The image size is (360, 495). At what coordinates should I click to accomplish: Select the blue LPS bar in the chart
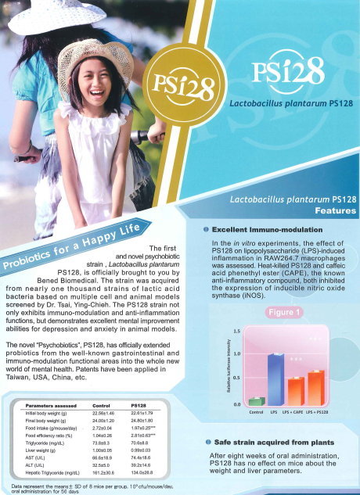pyautogui.click(x=274, y=378)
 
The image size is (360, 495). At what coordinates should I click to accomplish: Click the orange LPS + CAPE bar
pyautogui.click(x=294, y=390)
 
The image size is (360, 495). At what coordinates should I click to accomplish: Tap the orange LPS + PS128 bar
pyautogui.click(x=315, y=387)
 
